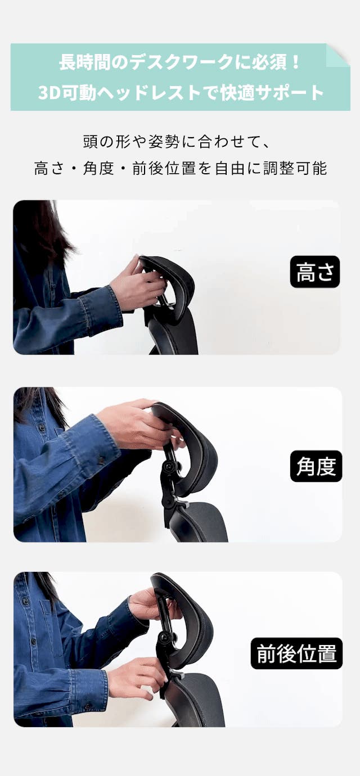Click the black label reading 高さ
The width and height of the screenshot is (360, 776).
pyautogui.click(x=315, y=272)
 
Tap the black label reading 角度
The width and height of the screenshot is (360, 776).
pyautogui.click(x=316, y=466)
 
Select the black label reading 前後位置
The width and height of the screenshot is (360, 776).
pyautogui.click(x=296, y=653)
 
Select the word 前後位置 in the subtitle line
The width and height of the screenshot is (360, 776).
pyautogui.click(x=164, y=168)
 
